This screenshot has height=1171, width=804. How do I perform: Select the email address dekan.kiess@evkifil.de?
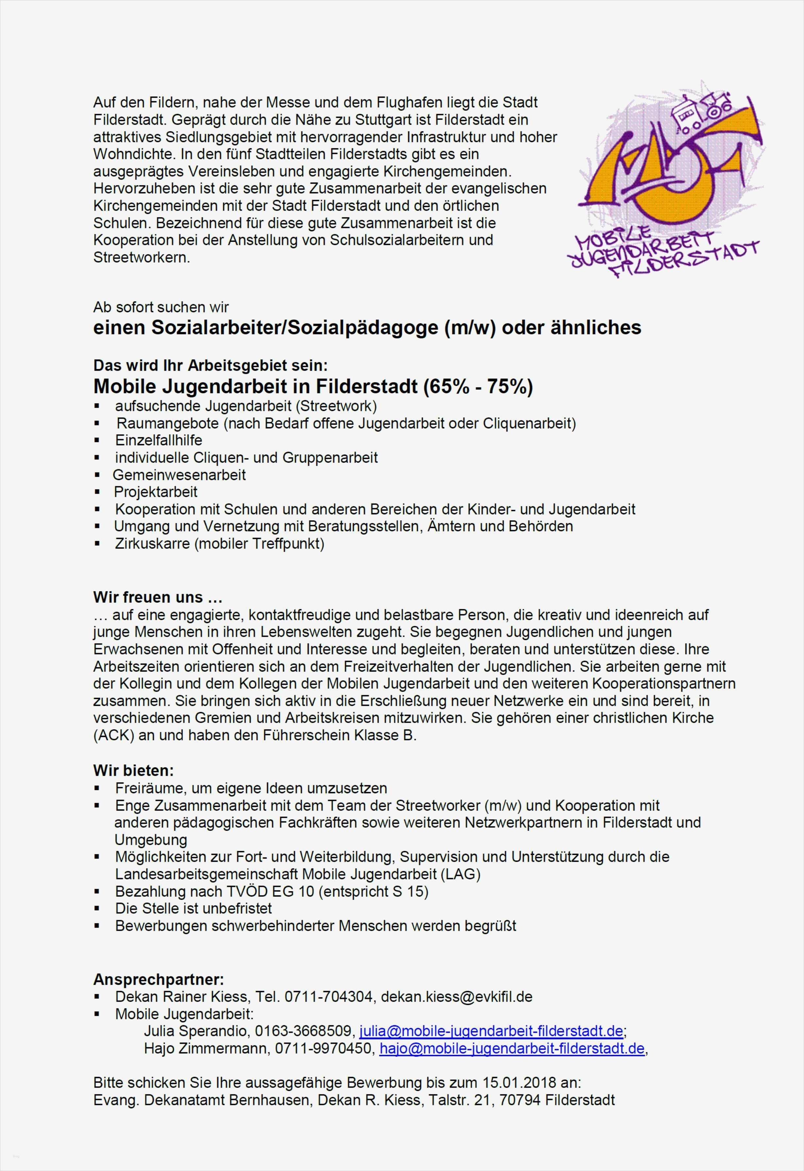[x=456, y=997]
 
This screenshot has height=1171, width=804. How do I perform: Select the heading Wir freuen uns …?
[x=158, y=597]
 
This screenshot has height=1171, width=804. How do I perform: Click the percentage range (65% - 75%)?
[x=478, y=387]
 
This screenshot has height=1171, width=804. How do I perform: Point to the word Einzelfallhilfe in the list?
[x=159, y=440]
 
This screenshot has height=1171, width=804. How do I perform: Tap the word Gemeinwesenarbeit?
[x=179, y=474]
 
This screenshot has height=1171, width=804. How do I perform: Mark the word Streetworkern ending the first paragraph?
[x=141, y=258]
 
